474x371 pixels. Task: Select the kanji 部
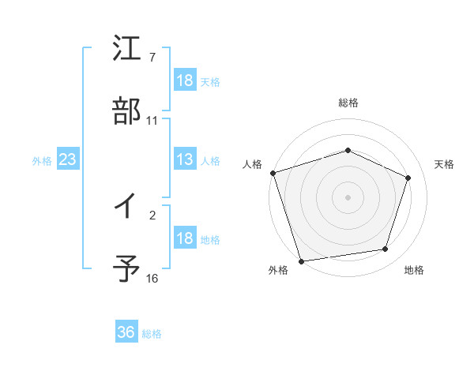pos(127,111)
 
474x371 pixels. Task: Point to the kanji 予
pos(127,268)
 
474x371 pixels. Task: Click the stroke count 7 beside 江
pos(152,58)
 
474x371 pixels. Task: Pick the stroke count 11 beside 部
pos(152,121)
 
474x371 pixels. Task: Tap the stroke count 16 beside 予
pos(152,279)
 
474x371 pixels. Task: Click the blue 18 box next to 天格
pos(184,81)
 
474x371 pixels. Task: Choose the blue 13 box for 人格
pos(184,159)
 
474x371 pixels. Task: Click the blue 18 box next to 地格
pos(184,238)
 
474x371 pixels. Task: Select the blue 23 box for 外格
pos(67,159)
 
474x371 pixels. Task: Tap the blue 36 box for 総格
pos(126,332)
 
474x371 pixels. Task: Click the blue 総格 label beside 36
pos(152,334)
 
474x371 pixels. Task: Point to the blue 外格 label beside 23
pos(42,161)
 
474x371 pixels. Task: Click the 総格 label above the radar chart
pos(348,103)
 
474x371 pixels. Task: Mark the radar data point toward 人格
pos(273,173)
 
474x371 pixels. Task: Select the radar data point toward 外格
pos(301,260)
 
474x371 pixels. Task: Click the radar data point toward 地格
pos(386,249)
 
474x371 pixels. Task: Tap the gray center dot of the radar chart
pos(348,197)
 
